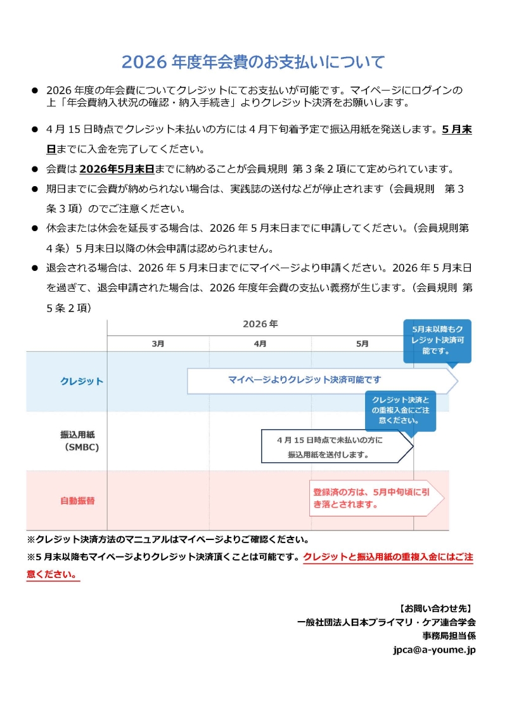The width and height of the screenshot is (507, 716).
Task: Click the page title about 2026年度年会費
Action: [x=253, y=62]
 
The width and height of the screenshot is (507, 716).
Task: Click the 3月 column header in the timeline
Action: [x=158, y=344]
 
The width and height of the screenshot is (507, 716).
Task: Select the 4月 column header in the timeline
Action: [x=260, y=344]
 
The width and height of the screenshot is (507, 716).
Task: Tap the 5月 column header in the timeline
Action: [x=362, y=344]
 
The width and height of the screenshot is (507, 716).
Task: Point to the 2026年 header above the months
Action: [x=260, y=324]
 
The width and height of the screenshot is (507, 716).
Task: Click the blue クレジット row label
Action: [x=82, y=381]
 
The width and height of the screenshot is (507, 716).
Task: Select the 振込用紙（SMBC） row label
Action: [x=82, y=441]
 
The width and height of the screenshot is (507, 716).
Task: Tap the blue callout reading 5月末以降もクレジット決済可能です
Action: [x=437, y=340]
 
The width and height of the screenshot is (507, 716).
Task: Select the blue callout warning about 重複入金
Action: [x=400, y=410]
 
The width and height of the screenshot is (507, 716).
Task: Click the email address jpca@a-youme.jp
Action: [x=434, y=650]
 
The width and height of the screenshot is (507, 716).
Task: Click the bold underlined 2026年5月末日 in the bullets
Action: [x=118, y=169]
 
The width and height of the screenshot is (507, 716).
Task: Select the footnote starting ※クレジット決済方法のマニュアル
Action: [x=168, y=540]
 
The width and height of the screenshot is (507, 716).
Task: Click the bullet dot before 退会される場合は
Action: [x=35, y=268]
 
